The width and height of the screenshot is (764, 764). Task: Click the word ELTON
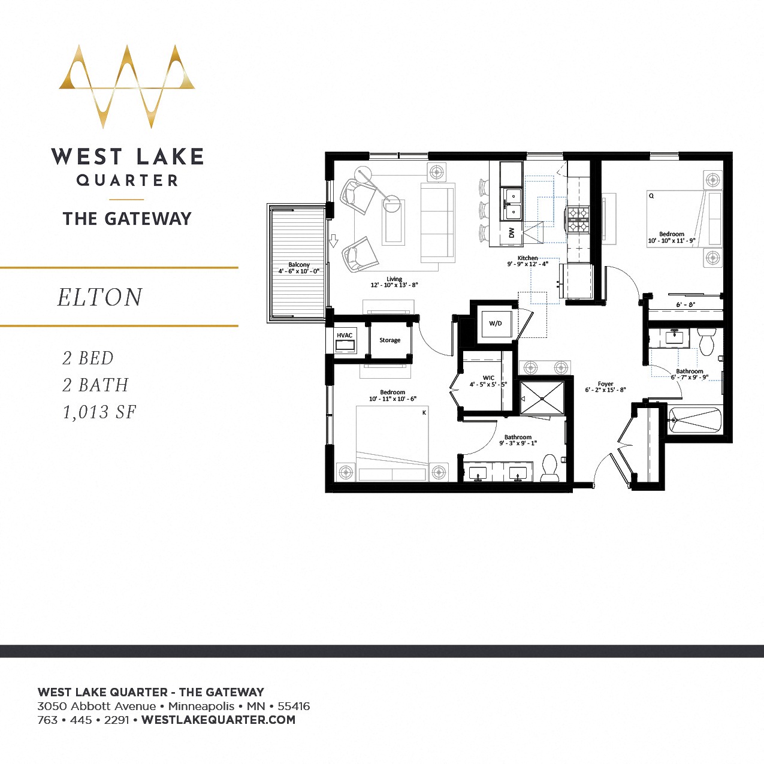[100, 297]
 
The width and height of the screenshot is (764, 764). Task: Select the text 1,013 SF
[99, 412]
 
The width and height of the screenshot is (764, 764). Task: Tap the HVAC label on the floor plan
[345, 336]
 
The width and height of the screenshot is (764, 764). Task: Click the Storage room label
[389, 340]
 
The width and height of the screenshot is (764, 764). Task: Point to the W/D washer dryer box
[496, 324]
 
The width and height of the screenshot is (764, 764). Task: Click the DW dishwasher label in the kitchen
[511, 233]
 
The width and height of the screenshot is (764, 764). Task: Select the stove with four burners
[578, 219]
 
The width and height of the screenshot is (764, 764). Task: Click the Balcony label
[299, 264]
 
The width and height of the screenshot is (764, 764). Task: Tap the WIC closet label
[488, 378]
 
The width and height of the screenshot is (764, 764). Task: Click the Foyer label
[605, 384]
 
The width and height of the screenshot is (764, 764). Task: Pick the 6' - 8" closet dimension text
[686, 304]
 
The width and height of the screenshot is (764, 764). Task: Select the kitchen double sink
[512, 204]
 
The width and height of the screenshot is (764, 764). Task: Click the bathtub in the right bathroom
[695, 419]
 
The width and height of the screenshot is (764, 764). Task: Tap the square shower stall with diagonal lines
[542, 398]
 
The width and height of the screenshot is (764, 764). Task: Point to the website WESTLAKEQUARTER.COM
[218, 720]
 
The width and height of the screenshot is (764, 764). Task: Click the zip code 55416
[294, 706]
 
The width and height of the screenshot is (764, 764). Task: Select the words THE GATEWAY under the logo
[127, 219]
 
